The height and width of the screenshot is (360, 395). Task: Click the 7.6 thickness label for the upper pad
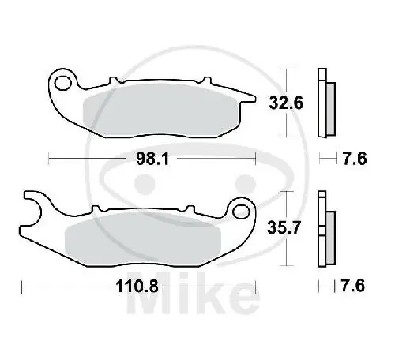tap(354, 159)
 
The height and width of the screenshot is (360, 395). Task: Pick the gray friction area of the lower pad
tap(142, 238)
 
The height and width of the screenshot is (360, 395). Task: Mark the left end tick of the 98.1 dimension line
tap(49, 159)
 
